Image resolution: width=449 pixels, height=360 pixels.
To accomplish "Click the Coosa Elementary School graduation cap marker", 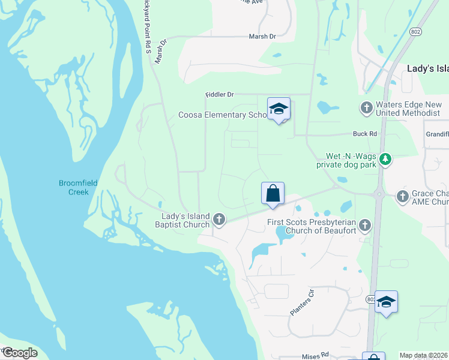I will click(279, 109).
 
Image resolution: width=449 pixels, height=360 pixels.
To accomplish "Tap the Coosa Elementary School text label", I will click(223, 115).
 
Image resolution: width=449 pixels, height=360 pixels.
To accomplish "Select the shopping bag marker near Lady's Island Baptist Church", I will click(273, 193).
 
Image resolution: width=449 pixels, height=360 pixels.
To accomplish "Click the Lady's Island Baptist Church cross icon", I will click(219, 220).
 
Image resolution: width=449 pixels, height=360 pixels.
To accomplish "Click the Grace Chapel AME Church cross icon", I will click(402, 195).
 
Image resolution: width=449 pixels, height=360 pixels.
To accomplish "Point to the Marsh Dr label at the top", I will click(262, 37).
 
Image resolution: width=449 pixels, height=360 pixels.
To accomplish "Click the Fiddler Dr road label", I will click(219, 95).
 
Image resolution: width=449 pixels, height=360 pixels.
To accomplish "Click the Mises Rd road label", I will click(316, 355).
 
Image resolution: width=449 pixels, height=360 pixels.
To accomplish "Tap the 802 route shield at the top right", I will click(415, 31).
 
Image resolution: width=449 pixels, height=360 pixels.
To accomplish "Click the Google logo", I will click(20, 353).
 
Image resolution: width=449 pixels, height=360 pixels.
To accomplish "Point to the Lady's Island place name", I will click(427, 68).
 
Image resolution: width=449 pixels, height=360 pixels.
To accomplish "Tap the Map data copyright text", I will click(424, 355).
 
